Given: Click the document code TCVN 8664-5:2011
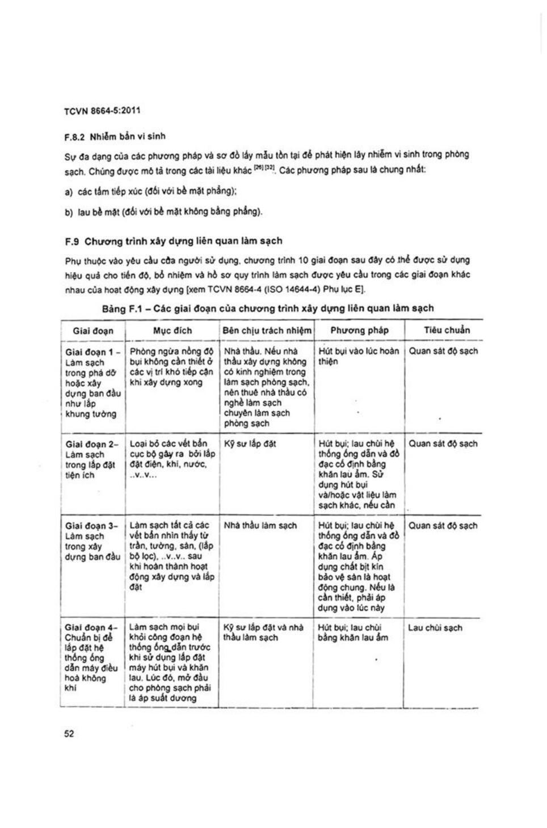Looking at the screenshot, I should (102, 111).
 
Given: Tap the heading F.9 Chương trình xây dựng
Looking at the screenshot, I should (174, 241).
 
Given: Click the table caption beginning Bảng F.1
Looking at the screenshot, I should (268, 309).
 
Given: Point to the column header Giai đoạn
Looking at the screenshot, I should (93, 331).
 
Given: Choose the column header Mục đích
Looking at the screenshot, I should (172, 331).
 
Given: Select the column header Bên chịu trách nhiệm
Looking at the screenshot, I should (267, 331).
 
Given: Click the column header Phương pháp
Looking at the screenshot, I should (359, 330).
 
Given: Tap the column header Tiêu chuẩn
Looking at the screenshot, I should (447, 330).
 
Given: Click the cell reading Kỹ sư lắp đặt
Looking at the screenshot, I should (250, 444).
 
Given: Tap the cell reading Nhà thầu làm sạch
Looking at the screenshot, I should (260, 526).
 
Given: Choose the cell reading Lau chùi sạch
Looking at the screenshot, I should (435, 628).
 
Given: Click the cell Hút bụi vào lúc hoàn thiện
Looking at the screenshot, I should (359, 356).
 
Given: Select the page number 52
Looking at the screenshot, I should (69, 734).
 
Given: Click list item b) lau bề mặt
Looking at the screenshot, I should (163, 212).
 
